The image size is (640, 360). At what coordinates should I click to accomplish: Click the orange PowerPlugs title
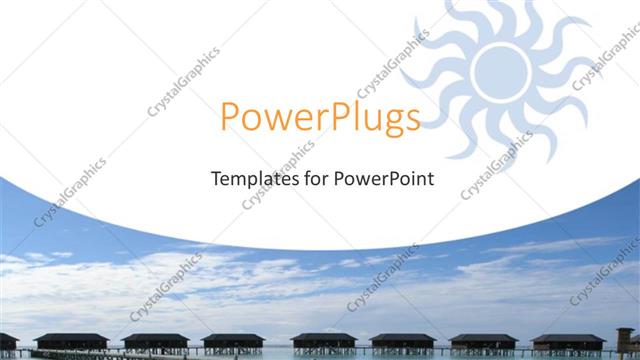pos(320,119)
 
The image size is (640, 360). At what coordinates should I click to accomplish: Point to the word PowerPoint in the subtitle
pos(384,181)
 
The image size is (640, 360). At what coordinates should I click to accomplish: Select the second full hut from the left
pos(155,341)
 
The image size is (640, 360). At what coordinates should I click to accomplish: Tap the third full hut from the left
pos(234,341)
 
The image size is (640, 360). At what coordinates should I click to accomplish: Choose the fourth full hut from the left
pos(324,341)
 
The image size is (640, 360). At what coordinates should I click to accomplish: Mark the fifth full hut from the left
pos(403,341)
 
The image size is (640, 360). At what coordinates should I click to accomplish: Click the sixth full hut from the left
pos(483,341)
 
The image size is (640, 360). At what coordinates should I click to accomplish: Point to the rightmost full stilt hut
pos(567,341)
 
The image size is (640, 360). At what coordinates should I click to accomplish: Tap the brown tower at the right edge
pos(626,338)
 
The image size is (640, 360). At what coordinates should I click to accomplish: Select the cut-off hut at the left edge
pos(7,341)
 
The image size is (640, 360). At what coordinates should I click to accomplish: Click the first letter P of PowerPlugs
pos(230,119)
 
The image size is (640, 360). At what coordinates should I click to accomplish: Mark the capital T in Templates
pos(215,180)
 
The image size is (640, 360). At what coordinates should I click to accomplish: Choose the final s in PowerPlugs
pos(411,121)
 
